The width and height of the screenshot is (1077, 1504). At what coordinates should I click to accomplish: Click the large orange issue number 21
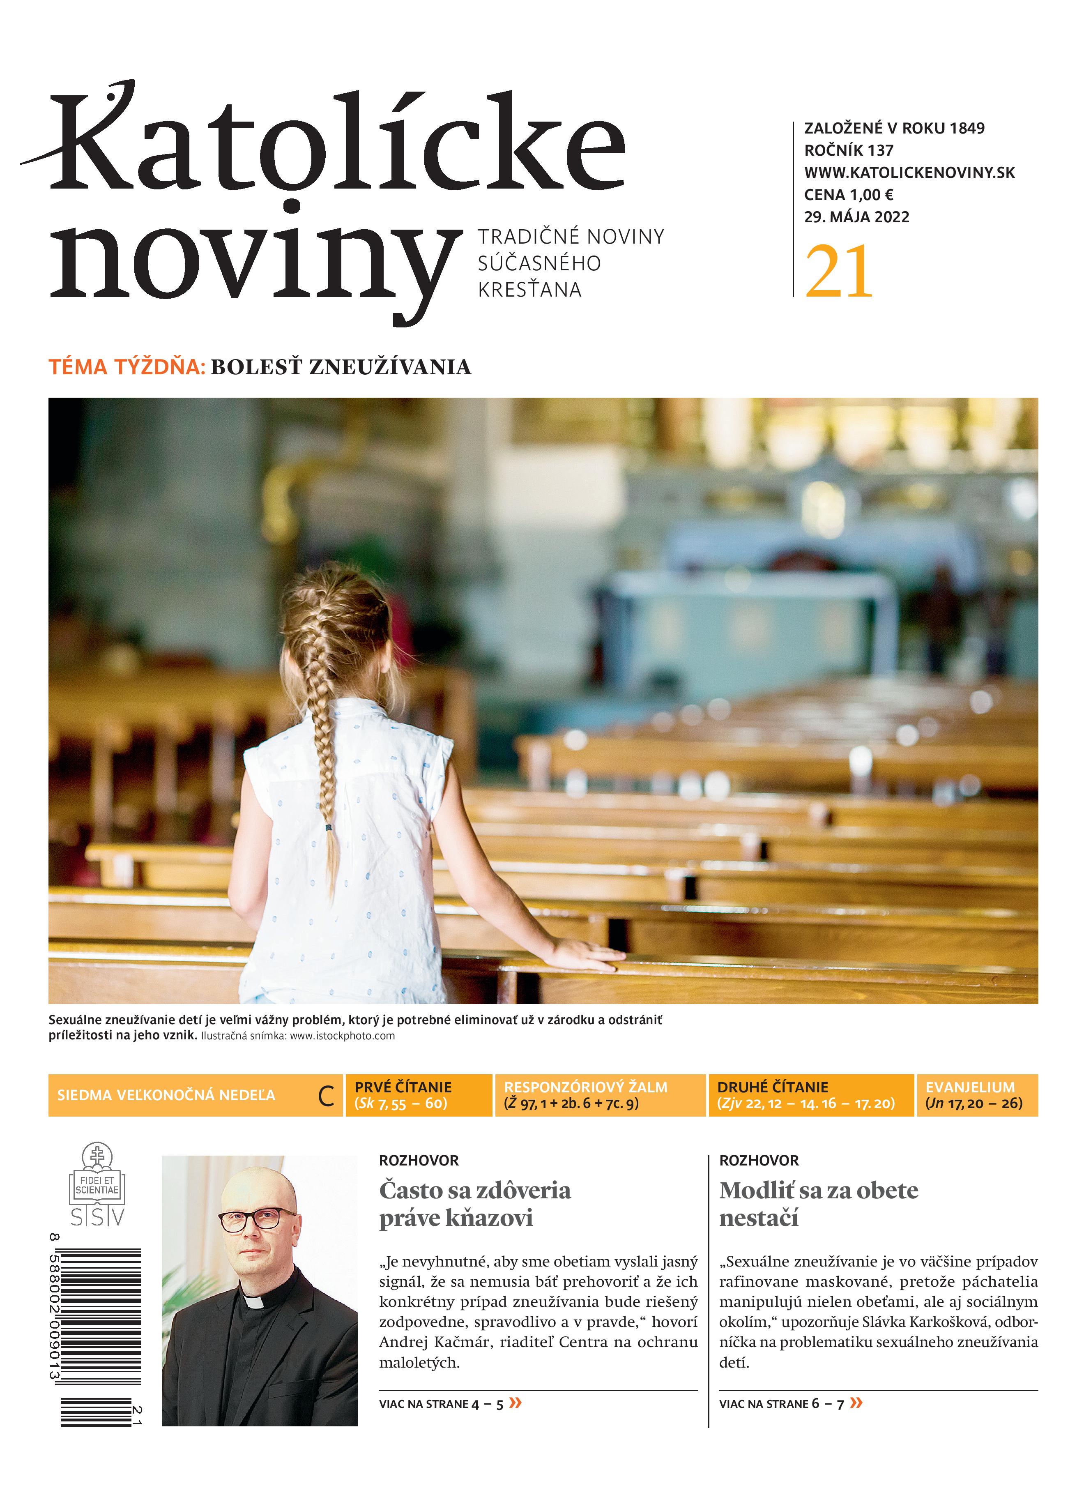pos(839,272)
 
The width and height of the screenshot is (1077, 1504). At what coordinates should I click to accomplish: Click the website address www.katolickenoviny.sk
pos(909,173)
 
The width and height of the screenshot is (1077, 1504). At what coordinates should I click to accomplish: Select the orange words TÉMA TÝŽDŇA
pos(127,367)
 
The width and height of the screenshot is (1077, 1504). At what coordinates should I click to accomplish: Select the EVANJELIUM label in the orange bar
pos(969,1087)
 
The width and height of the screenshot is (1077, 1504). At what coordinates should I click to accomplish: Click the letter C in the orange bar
pos(326,1097)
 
